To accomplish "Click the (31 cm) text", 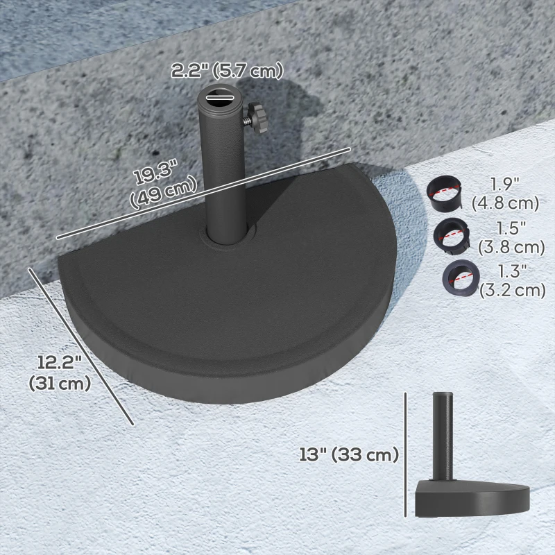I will pos(60,383).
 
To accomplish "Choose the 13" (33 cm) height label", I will pos(348,455).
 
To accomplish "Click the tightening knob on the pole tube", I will pos(259,118).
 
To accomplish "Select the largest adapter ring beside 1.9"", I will pos(446,194).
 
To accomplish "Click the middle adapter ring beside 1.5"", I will pos(450,236).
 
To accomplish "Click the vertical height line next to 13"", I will pos(405,454).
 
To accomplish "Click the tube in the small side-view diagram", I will pos(441,434).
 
